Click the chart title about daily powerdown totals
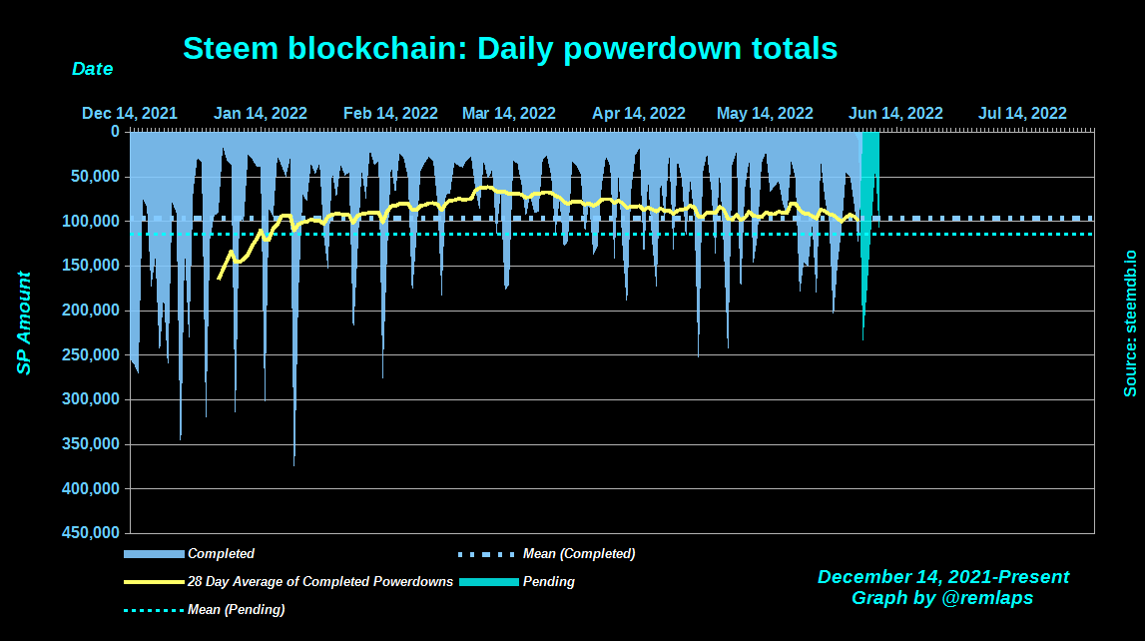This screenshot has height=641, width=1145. [x=510, y=48]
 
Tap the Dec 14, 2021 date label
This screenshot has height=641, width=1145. [x=130, y=113]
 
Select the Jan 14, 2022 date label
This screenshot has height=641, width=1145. [x=261, y=113]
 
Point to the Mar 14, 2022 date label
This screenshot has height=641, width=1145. [x=508, y=113]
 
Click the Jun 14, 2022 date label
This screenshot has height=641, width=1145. [x=895, y=113]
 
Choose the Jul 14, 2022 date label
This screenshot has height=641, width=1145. [x=1022, y=113]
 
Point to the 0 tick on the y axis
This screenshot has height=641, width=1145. [x=115, y=131]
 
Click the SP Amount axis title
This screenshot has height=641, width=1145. [x=24, y=323]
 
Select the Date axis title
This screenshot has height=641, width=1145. [x=92, y=69]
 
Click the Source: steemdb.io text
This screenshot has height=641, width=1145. [x=1130, y=323]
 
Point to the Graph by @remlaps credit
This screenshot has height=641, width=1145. [x=942, y=598]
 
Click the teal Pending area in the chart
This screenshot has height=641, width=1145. [x=869, y=200]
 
